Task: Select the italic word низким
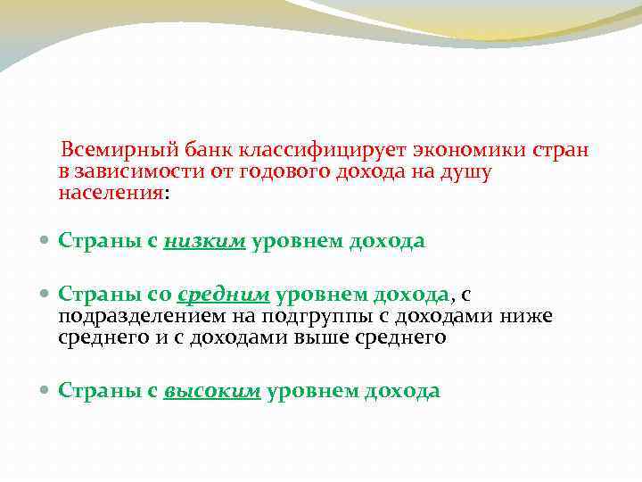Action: click(205, 241)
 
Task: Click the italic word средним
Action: click(223, 295)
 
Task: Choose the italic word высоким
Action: click(212, 391)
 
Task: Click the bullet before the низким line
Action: click(45, 242)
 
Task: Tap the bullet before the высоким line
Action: click(45, 392)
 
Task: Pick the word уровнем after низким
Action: click(291, 241)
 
